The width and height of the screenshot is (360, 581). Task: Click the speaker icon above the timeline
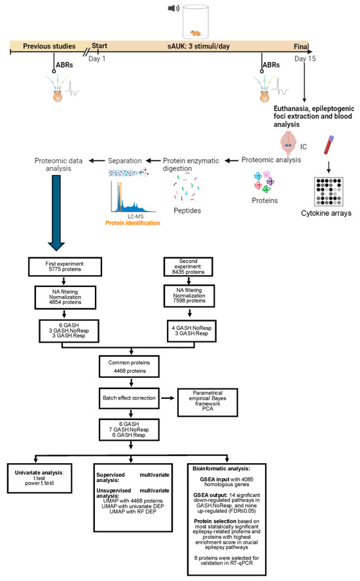173,8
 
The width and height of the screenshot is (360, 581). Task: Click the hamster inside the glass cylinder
195,33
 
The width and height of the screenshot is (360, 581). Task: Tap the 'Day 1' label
97,58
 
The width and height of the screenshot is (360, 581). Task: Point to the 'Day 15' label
305,58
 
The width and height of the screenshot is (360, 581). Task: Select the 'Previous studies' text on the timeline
49,46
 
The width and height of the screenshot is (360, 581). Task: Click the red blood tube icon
329,145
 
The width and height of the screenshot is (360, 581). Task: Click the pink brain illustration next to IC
288,143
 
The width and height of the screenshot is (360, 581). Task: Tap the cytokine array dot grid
329,191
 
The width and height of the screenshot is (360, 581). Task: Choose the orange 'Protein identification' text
133,223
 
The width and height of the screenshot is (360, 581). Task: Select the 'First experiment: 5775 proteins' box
65,267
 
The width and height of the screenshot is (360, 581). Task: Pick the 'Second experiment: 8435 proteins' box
188,267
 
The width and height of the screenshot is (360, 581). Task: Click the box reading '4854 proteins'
65,297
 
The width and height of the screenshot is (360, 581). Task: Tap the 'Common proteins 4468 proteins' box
129,366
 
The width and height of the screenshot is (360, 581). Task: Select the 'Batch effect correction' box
129,398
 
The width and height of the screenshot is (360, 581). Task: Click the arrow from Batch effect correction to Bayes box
168,398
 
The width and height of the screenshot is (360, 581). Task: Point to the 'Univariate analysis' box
40,478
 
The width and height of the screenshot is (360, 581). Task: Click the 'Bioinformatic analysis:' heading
221,468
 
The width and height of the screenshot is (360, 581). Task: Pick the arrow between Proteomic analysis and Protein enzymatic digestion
232,160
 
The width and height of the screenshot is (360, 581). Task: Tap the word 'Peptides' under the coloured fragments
187,210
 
